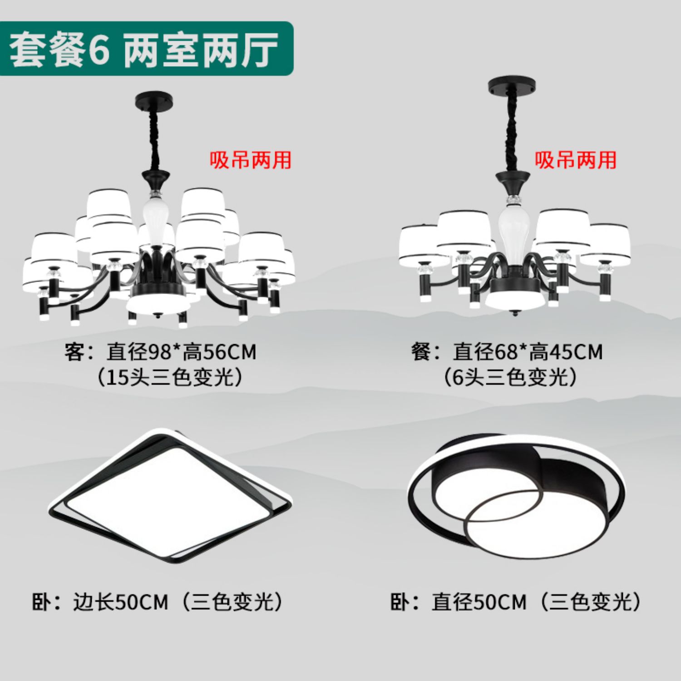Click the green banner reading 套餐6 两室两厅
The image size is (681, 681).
(146, 49)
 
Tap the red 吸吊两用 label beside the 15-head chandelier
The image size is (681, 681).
(250, 160)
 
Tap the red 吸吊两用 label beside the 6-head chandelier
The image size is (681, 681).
(576, 160)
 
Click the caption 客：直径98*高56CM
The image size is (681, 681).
(160, 352)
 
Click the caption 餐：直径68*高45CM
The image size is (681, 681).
(507, 352)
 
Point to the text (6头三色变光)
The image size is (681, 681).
(511, 377)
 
